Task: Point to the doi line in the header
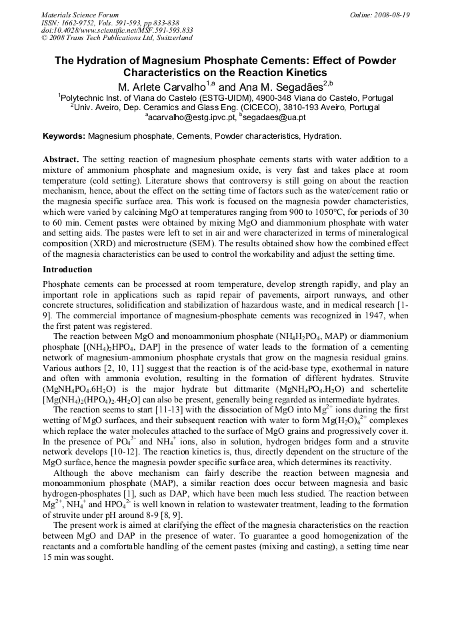pos(117,30)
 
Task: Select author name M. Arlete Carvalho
pos(162,87)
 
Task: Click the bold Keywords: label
pos(64,136)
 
